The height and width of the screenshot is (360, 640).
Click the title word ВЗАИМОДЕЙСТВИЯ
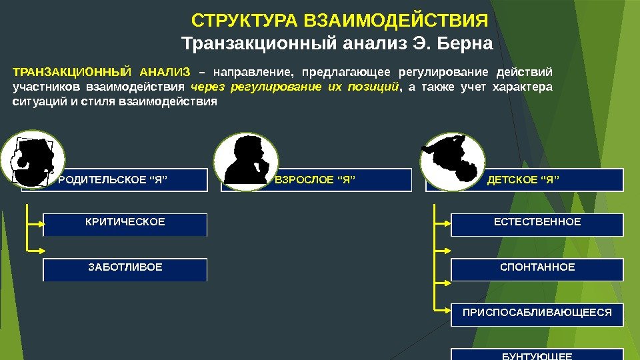coord(395,20)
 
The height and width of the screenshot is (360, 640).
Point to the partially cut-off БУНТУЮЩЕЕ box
coord(537,355)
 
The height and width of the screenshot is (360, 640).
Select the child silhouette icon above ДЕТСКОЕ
coord(450,159)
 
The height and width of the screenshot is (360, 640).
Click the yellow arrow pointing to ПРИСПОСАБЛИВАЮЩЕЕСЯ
coord(442,310)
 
